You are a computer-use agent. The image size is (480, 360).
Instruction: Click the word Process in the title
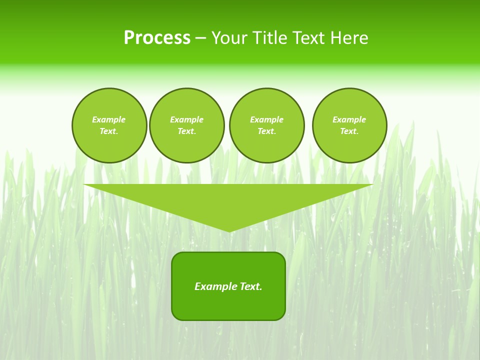click(157, 38)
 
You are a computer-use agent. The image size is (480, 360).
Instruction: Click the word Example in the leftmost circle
click(109, 119)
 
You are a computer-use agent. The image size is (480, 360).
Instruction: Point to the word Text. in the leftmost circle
click(109, 131)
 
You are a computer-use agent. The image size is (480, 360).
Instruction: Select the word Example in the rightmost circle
click(349, 119)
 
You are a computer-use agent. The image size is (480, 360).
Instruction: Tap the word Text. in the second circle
click(187, 131)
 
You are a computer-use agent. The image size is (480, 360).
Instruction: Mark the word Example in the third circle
click(267, 119)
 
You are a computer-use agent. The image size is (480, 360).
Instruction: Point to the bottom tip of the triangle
click(229, 231)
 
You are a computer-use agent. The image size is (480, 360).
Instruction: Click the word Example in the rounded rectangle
click(215, 286)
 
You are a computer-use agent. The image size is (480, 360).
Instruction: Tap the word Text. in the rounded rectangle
click(250, 286)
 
